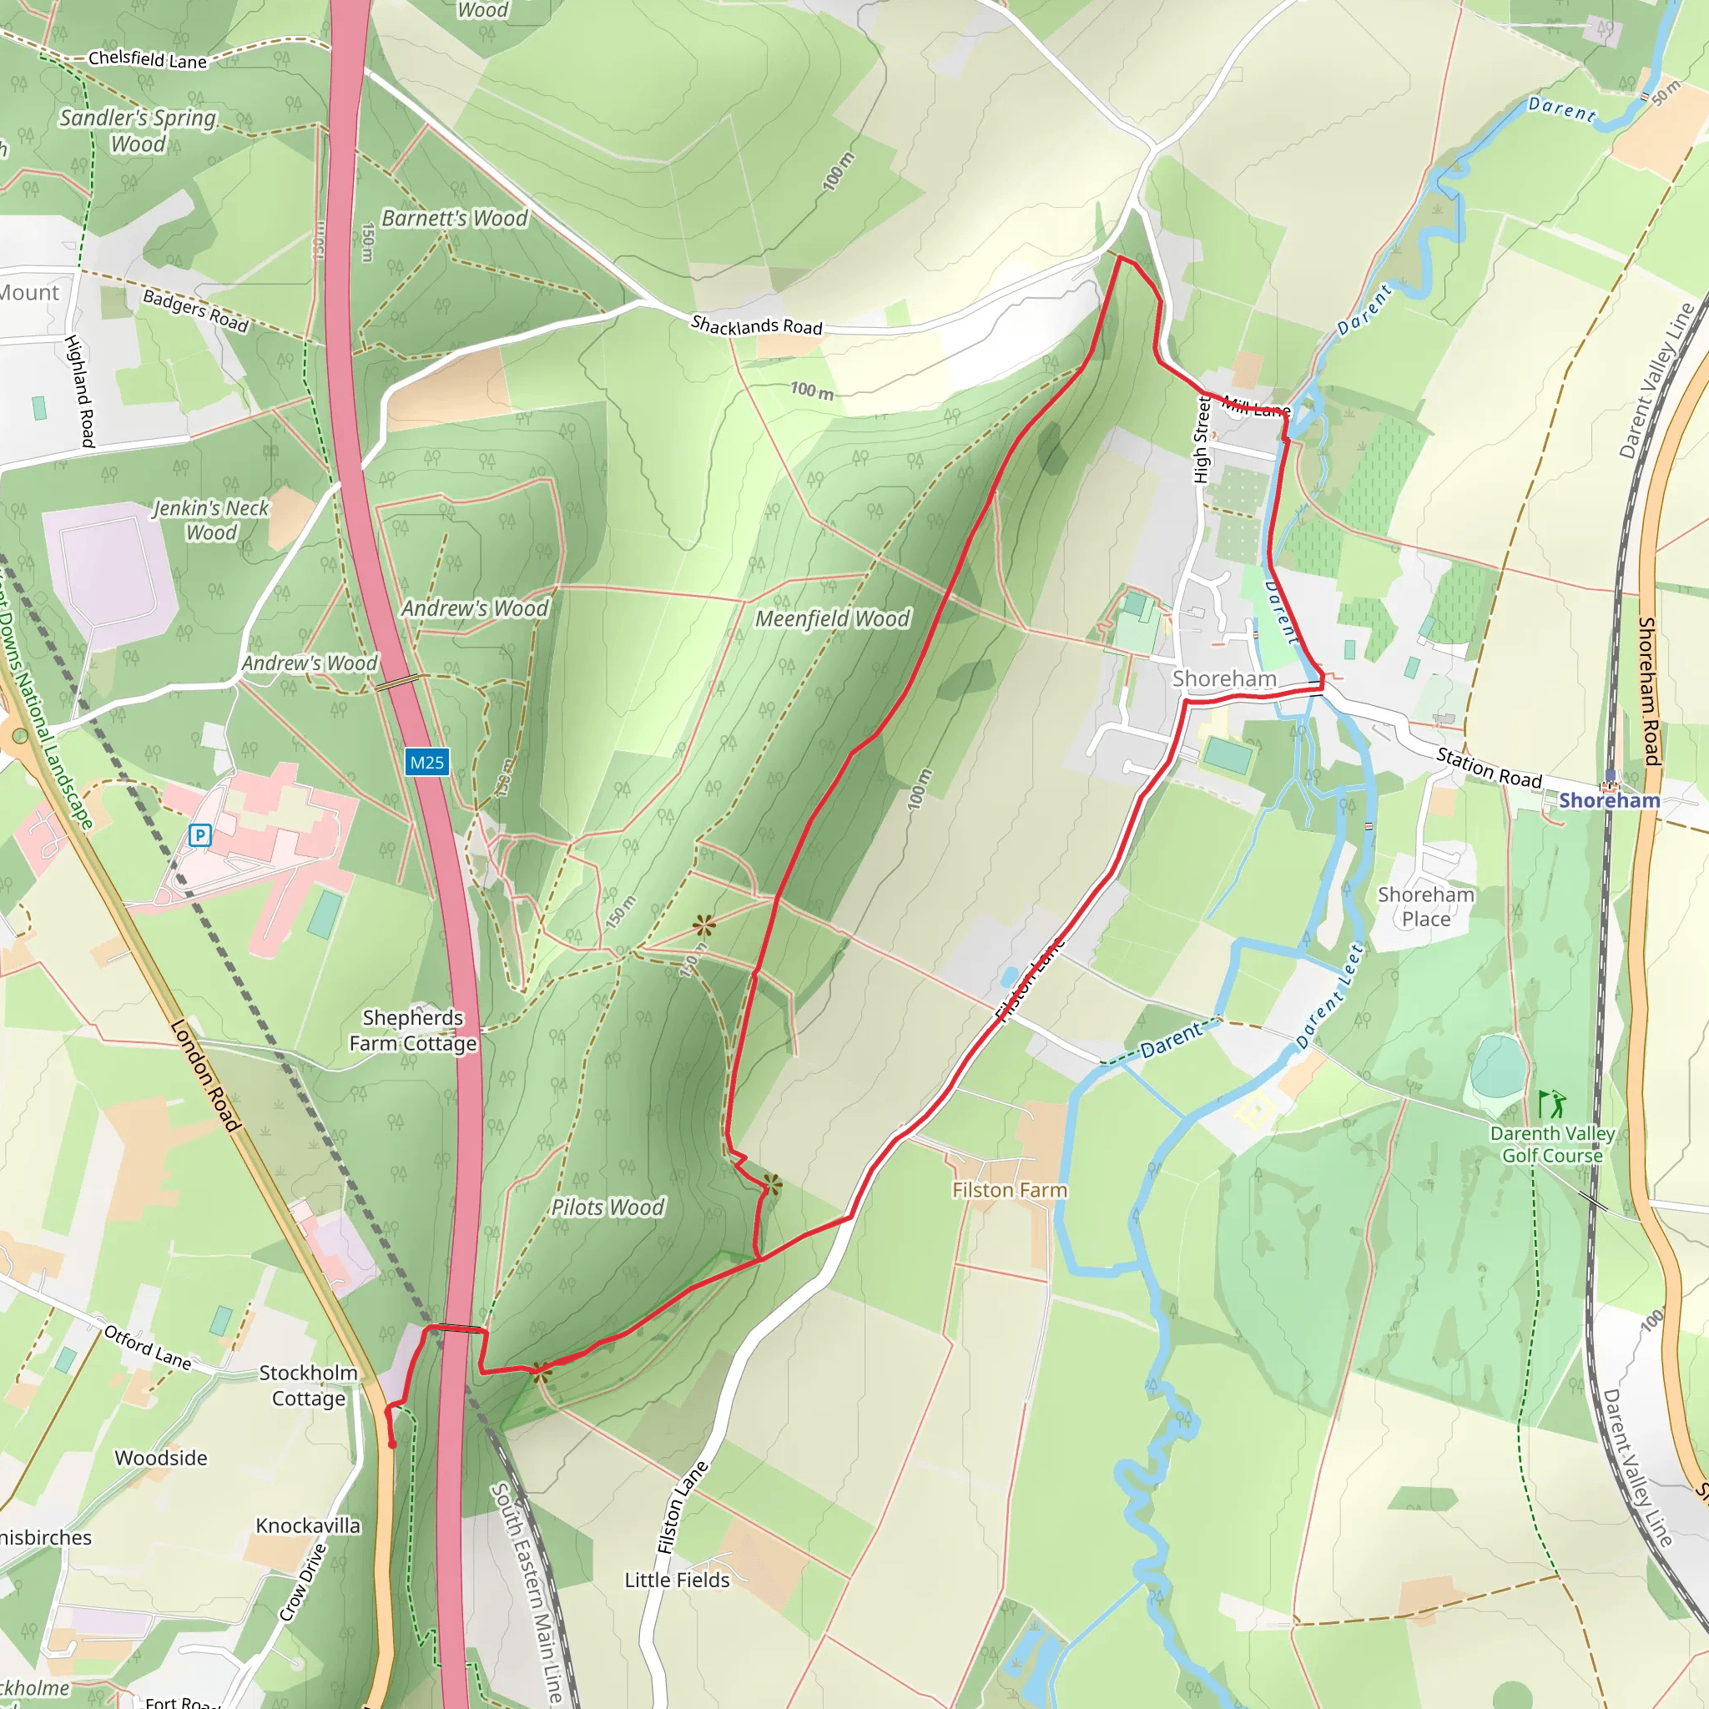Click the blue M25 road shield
(427, 763)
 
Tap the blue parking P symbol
(200, 835)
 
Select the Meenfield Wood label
(831, 619)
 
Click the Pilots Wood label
(607, 1207)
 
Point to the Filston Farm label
(1010, 1191)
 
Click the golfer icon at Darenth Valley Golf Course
(1551, 1104)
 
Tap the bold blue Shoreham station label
(1609, 800)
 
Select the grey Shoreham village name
(1224, 678)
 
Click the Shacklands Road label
(756, 325)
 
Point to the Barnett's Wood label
(454, 219)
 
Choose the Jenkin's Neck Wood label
(210, 520)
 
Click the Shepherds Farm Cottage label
(413, 1031)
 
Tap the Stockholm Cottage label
(308, 1385)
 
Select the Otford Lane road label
(147, 1346)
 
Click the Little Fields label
(677, 1580)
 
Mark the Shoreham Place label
(1426, 907)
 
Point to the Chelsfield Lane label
(148, 60)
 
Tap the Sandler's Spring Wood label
(138, 130)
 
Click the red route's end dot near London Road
(392, 1445)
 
